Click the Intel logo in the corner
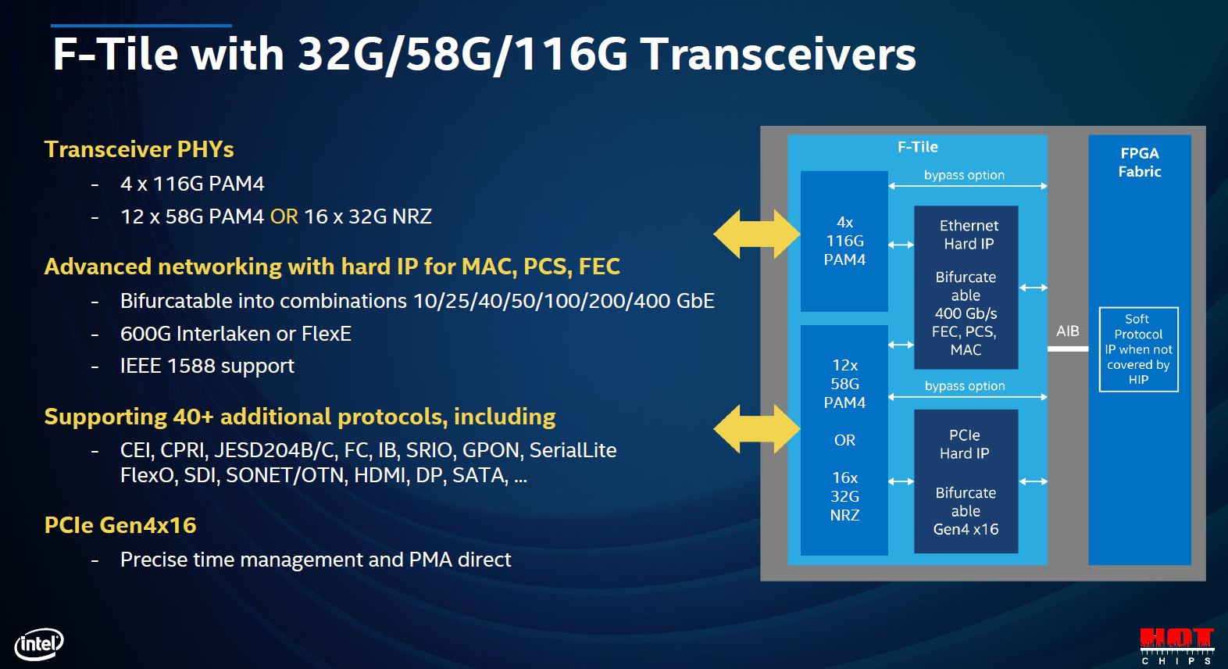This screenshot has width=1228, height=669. (x=39, y=644)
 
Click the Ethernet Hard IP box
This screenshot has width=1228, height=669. (x=966, y=287)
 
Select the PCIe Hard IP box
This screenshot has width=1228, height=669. (x=966, y=481)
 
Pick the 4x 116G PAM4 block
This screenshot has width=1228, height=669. (x=844, y=241)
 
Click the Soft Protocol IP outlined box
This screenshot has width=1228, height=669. (x=1138, y=349)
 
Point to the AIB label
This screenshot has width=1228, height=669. (x=1067, y=331)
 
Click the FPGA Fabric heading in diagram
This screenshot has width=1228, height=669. (x=1139, y=163)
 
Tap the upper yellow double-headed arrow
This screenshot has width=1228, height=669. (x=756, y=234)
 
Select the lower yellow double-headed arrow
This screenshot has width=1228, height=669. (x=756, y=428)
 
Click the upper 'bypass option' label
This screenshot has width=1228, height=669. (x=964, y=175)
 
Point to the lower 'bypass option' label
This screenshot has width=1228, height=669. (x=965, y=386)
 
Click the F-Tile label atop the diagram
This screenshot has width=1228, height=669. (x=917, y=147)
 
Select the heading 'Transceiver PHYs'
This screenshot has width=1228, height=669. (x=139, y=149)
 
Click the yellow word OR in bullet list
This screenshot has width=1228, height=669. (x=284, y=216)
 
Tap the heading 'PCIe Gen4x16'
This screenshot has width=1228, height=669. (x=120, y=525)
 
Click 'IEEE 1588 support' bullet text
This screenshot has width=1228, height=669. (x=207, y=366)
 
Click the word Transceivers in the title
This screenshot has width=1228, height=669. (x=778, y=55)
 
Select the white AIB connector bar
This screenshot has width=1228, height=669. (x=1067, y=349)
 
